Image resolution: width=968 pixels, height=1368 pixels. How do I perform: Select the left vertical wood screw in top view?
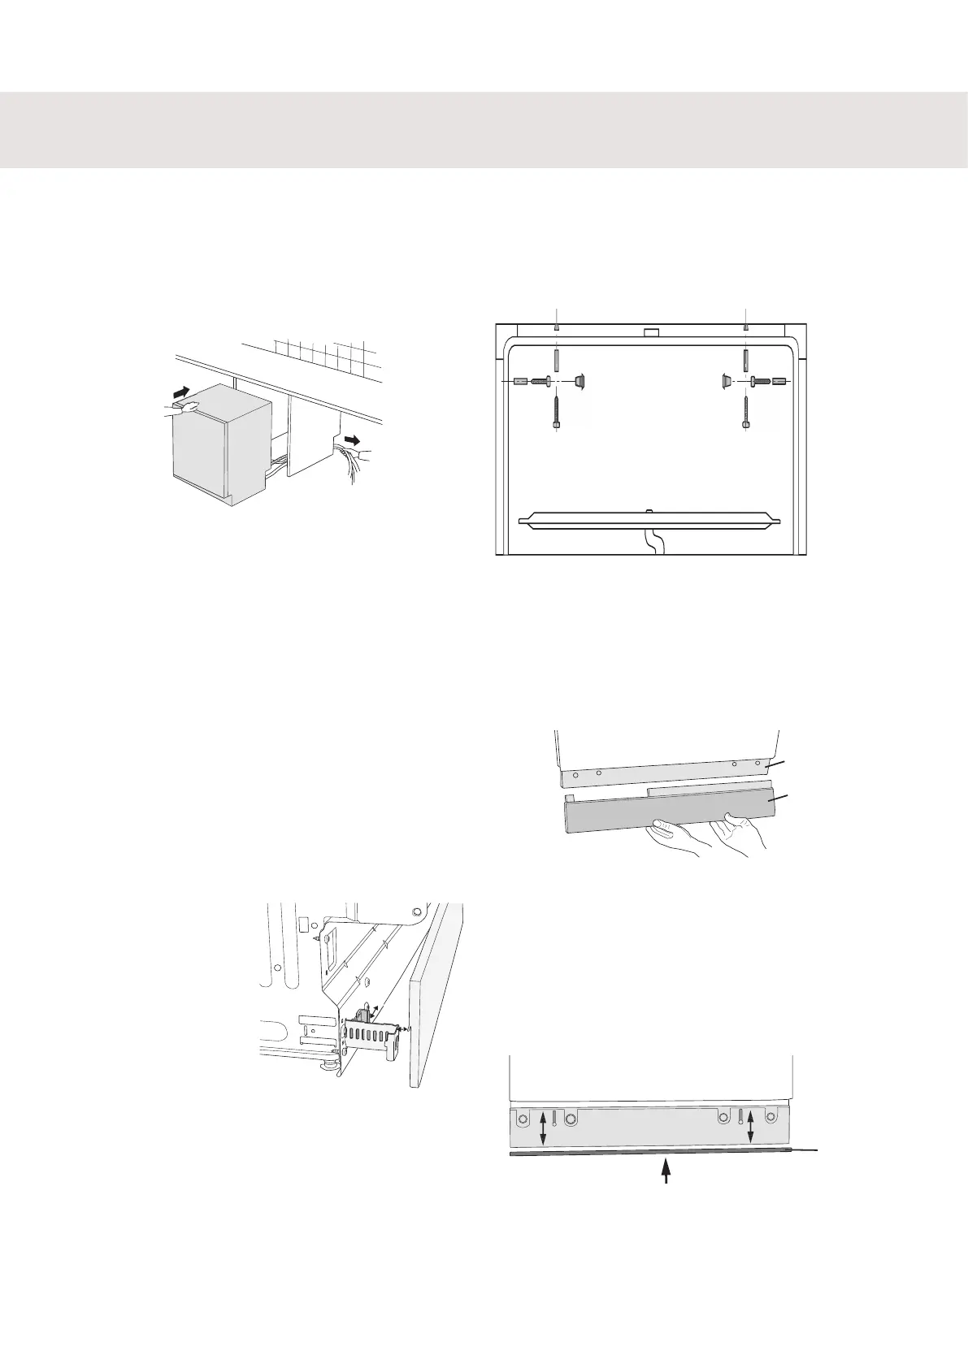(x=556, y=413)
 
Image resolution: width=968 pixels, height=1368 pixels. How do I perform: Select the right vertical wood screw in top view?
(x=746, y=413)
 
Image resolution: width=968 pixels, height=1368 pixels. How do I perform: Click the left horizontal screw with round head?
(x=542, y=380)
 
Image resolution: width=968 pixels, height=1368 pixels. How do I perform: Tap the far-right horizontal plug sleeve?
(x=778, y=380)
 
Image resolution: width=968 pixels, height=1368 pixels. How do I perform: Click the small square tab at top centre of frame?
(x=649, y=332)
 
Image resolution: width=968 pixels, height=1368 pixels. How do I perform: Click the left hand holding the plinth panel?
(x=671, y=835)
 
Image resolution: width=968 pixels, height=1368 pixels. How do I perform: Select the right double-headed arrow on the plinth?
(x=750, y=1126)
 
